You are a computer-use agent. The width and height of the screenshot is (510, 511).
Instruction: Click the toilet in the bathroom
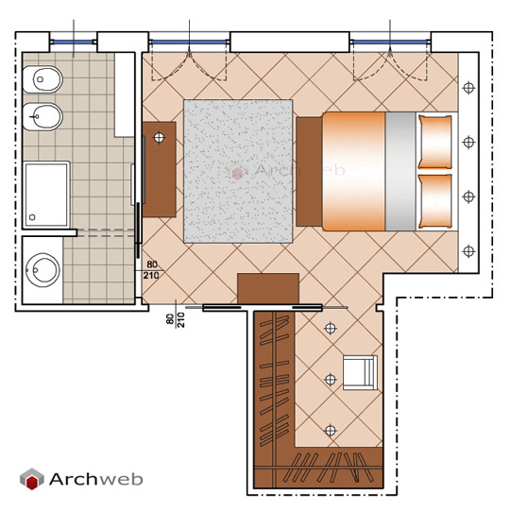(x=42, y=79)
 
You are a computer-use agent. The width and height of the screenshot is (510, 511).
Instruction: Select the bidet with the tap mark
(x=42, y=117)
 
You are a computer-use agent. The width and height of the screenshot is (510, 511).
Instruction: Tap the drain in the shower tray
(x=32, y=217)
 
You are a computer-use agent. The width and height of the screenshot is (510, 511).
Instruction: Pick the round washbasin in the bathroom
(x=42, y=270)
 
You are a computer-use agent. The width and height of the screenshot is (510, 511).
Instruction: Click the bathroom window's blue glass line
(x=73, y=42)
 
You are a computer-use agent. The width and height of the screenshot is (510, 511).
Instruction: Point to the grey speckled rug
(x=238, y=171)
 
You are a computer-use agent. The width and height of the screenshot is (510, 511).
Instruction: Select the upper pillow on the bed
(x=434, y=142)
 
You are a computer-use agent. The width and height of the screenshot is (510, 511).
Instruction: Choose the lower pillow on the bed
(x=434, y=201)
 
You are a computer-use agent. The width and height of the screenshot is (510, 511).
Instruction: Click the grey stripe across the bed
(x=400, y=171)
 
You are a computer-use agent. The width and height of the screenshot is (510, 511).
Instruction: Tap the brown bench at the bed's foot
(x=309, y=171)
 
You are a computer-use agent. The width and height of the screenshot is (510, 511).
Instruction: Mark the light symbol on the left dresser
(x=159, y=138)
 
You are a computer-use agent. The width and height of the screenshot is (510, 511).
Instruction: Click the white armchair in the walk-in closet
(x=360, y=372)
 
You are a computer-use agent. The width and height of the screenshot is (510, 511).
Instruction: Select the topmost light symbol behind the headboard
(x=468, y=88)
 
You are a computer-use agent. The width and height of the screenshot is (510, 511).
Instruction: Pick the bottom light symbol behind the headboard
(x=468, y=251)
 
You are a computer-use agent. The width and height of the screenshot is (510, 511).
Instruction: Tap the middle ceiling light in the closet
(x=331, y=380)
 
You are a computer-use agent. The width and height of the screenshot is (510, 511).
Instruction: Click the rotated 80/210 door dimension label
(x=176, y=319)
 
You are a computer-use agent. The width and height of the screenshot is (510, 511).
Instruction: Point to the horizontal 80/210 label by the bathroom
(x=151, y=270)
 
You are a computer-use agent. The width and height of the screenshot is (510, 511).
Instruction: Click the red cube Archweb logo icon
(x=31, y=479)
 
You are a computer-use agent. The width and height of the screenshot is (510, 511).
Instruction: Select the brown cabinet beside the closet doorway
(x=268, y=289)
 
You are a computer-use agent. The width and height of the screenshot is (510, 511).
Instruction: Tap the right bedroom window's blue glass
(x=390, y=42)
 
